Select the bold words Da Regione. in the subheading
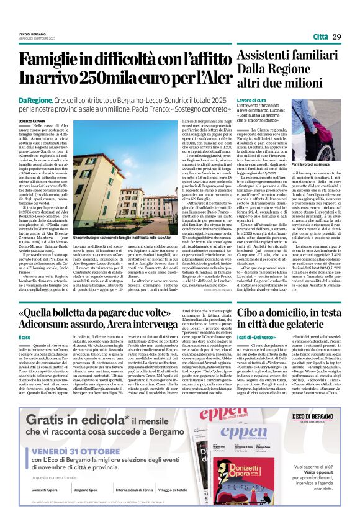[37, 100]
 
